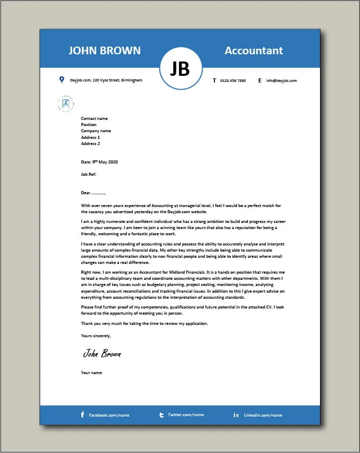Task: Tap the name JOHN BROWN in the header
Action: (x=104, y=50)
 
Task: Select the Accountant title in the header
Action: (x=254, y=50)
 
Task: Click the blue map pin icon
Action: (x=62, y=80)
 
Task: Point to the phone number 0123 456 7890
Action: (x=233, y=80)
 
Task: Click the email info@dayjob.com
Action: (x=281, y=80)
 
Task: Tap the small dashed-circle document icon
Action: (x=66, y=104)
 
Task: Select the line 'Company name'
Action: (x=96, y=131)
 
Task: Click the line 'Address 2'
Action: (x=91, y=143)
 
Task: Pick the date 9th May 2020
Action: (x=99, y=162)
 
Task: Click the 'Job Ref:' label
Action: (x=89, y=174)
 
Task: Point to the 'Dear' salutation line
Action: (x=93, y=193)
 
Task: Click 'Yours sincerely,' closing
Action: (x=96, y=336)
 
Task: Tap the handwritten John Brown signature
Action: (x=102, y=354)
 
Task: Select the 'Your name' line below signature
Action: (x=91, y=373)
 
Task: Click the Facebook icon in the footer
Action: (x=83, y=415)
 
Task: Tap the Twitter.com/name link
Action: (x=186, y=415)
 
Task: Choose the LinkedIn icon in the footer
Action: (x=236, y=415)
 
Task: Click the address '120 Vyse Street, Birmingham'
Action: (x=117, y=80)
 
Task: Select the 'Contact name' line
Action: (x=94, y=118)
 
